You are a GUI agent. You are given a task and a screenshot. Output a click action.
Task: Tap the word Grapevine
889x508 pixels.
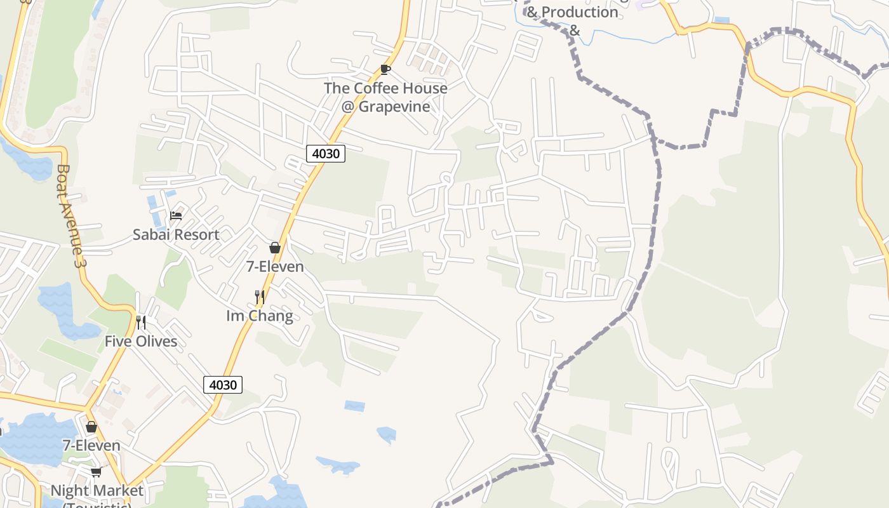(394, 106)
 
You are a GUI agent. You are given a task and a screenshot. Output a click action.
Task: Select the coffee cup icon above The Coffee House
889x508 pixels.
(385, 69)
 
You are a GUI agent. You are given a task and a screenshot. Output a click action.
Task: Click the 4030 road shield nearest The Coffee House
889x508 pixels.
(326, 153)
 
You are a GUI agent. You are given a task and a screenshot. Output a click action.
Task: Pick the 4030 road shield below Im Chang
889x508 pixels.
(223, 385)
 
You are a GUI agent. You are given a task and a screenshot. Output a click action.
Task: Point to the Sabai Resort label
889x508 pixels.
(176, 234)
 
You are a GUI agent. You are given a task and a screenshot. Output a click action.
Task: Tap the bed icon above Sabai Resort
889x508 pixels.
(176, 216)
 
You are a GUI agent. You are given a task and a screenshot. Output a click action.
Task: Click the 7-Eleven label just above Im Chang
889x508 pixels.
(275, 267)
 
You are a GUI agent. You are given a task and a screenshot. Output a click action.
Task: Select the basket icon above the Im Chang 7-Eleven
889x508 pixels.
(275, 248)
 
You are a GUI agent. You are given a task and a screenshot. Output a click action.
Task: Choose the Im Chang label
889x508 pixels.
(260, 316)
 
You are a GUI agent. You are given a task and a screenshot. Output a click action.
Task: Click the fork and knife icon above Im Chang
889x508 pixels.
(259, 297)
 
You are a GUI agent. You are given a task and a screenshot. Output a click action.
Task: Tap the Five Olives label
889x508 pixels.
(141, 341)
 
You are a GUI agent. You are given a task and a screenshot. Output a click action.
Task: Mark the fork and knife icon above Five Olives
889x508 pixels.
(141, 323)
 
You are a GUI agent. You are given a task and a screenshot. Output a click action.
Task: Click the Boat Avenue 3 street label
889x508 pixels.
(70, 216)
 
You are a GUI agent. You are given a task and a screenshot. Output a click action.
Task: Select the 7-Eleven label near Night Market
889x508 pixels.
(91, 445)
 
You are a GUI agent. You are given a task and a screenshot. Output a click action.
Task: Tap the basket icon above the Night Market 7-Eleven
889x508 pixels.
(91, 427)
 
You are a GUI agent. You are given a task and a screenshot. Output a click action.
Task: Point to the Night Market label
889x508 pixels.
(97, 491)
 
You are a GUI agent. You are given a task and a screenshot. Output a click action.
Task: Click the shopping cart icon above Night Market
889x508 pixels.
(96, 472)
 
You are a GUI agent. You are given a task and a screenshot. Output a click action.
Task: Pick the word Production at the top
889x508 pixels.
(580, 12)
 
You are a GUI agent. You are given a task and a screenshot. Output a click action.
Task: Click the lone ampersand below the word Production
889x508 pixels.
(575, 30)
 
